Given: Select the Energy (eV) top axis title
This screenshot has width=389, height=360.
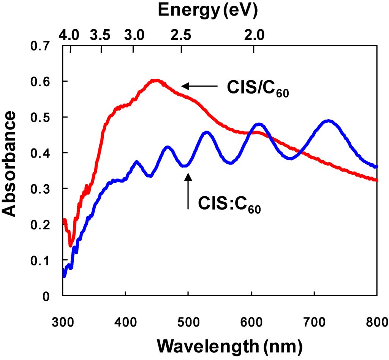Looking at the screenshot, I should (208, 10).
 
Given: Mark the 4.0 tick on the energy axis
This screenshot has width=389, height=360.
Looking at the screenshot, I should (70, 36).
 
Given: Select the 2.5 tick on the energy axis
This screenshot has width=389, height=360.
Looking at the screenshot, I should (182, 36).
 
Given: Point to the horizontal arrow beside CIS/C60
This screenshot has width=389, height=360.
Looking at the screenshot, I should (200, 87).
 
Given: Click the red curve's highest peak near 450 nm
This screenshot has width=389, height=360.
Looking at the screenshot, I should (156, 81).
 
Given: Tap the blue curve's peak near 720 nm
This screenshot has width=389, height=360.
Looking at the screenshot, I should (329, 122).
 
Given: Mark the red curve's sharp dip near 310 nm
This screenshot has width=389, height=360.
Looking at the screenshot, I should (71, 245).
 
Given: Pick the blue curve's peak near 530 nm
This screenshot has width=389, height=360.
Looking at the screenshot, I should (206, 133).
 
